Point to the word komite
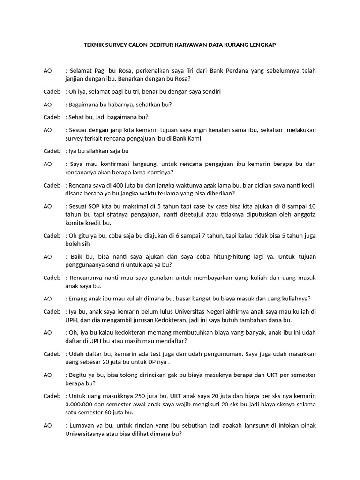tap(76, 223)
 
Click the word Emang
tap(79, 299)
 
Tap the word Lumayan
tap(83, 425)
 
